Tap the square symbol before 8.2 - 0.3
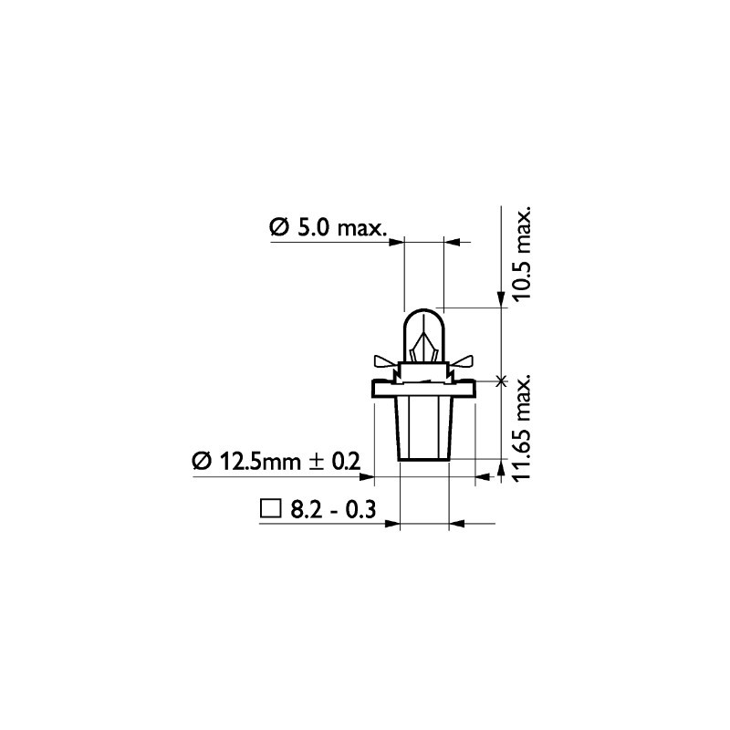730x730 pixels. click(x=269, y=510)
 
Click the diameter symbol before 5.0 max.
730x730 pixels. click(x=279, y=227)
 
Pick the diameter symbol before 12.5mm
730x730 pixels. click(x=202, y=462)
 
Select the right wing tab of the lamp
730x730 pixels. click(x=463, y=360)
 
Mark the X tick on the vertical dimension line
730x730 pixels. click(x=500, y=381)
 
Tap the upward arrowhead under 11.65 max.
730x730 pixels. click(x=500, y=469)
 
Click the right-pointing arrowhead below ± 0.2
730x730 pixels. click(x=366, y=475)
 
